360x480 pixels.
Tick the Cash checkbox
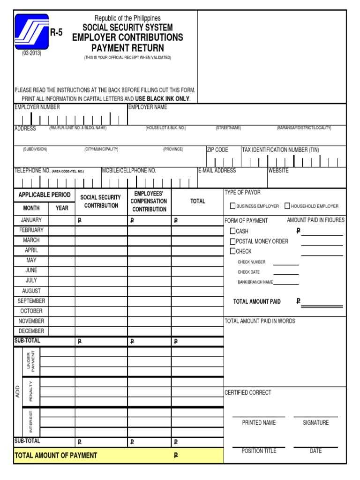[233, 231]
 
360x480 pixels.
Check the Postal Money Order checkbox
[233, 241]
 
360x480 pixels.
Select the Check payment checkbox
[233, 251]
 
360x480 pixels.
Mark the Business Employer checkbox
[232, 206]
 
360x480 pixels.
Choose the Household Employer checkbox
[287, 206]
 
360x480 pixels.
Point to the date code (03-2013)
[32, 53]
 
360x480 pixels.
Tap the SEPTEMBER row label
[31, 301]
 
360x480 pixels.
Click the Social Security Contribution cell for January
[101, 220]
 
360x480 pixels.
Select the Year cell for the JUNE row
[62, 270]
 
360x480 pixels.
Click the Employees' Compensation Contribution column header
[150, 202]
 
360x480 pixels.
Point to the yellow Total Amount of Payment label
[56, 455]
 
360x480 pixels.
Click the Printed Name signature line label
[259, 423]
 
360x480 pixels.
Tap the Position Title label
[259, 451]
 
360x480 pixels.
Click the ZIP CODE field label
[217, 150]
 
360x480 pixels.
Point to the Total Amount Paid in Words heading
[260, 321]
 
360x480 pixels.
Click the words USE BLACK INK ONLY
[162, 99]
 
